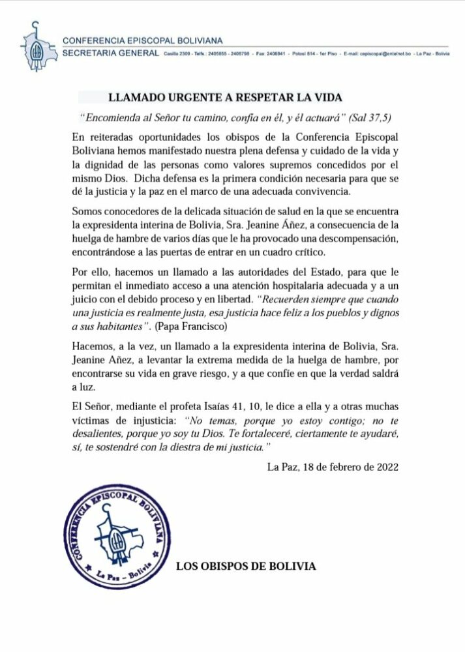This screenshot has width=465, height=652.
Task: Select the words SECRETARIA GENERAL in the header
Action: click(x=110, y=53)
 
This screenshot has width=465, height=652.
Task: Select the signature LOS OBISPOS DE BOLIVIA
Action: click(x=246, y=566)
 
